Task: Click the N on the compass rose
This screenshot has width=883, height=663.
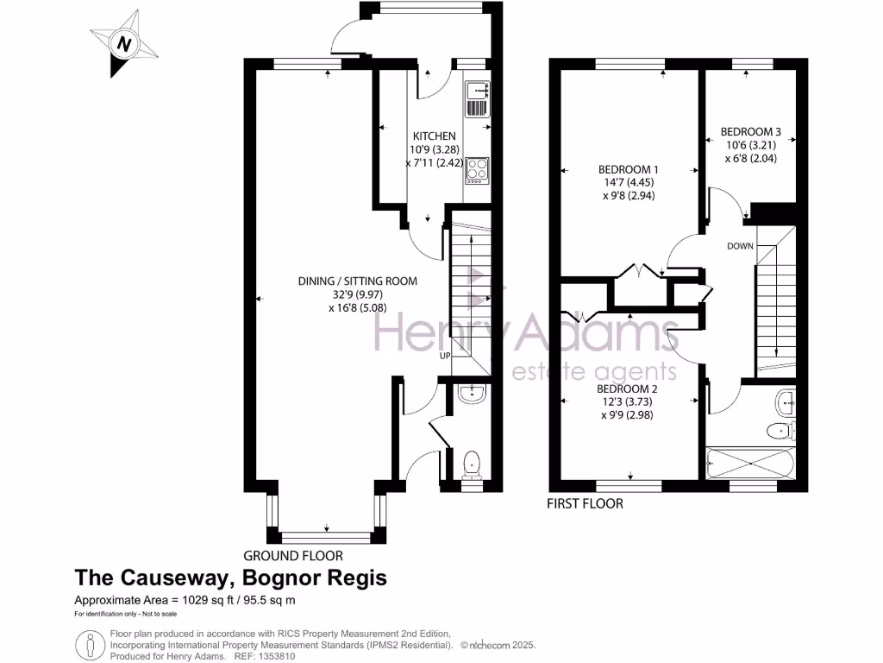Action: point(124,43)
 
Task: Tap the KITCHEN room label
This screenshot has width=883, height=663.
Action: point(435,136)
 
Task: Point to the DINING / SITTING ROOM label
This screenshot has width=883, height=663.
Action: point(358,281)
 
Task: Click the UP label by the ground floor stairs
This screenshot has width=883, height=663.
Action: point(445,356)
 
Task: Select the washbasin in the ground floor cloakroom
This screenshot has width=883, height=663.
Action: point(472,394)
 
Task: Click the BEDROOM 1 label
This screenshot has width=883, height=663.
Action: point(629,169)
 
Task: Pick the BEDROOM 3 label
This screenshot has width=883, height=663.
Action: point(751,131)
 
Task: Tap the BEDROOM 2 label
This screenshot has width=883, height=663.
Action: point(628,388)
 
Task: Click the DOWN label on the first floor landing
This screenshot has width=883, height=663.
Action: point(740,246)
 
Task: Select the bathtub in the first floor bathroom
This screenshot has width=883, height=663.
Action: point(750,464)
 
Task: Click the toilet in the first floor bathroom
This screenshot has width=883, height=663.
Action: point(781,432)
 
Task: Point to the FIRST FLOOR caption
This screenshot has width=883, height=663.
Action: point(586,503)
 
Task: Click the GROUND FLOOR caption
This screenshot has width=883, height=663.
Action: point(293,556)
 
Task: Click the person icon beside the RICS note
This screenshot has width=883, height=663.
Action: point(90,644)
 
